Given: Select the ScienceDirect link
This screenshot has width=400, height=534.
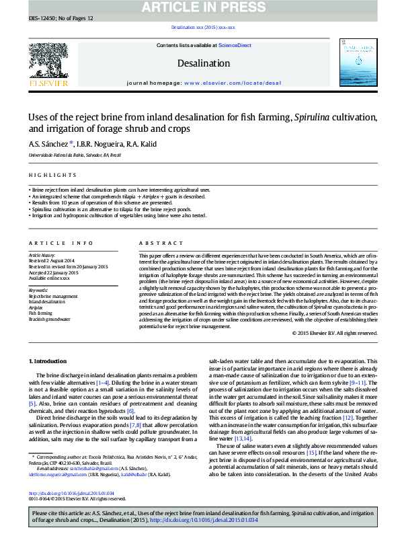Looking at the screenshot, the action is pos(235,45).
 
